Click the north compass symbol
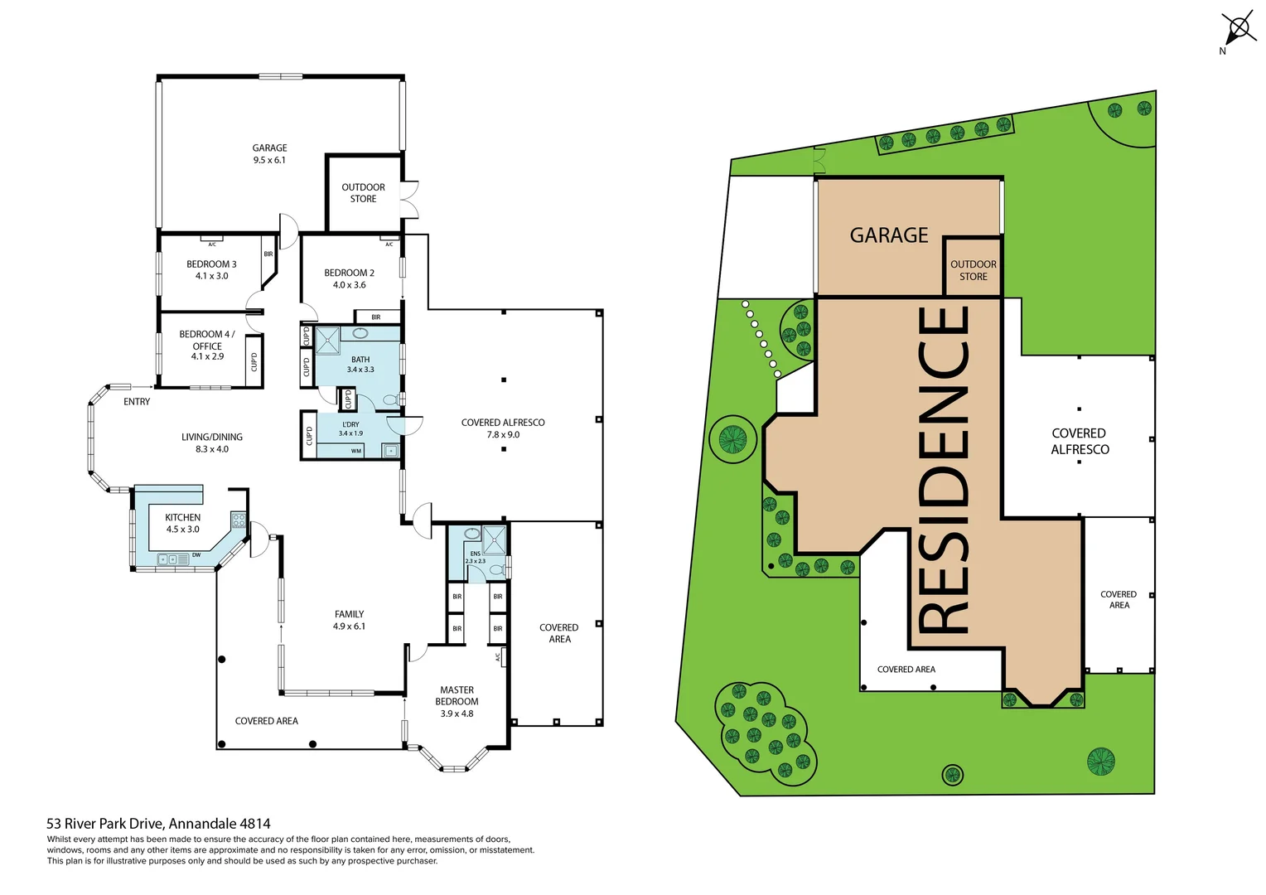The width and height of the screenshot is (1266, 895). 1238,30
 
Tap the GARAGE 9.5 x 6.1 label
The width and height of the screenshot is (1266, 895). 269,154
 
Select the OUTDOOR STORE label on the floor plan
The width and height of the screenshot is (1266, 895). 363,193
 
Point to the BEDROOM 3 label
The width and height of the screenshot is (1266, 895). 211,270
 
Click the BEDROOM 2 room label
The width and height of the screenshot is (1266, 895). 349,278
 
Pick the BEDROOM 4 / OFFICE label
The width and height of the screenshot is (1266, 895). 207,346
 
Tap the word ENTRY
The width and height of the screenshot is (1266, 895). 137,402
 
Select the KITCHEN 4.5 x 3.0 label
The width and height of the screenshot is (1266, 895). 182,523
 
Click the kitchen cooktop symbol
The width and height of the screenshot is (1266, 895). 239,520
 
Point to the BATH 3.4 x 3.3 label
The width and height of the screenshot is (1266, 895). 360,365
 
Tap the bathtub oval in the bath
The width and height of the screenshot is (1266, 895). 360,333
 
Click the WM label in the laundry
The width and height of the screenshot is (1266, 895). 356,452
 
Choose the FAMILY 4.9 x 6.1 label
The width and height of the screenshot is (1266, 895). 349,620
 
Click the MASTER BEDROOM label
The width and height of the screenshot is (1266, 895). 457,701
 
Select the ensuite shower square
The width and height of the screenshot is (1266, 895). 495,539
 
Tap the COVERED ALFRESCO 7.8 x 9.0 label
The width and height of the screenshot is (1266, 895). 503,428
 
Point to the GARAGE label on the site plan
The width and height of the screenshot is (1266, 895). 889,236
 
